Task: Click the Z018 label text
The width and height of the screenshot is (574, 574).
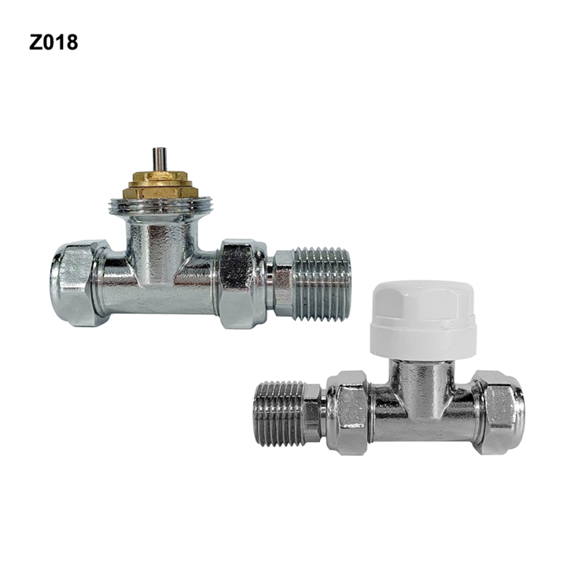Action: click(53, 42)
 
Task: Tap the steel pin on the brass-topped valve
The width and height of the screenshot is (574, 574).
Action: click(160, 159)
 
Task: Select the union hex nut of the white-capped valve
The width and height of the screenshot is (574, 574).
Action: click(347, 413)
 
